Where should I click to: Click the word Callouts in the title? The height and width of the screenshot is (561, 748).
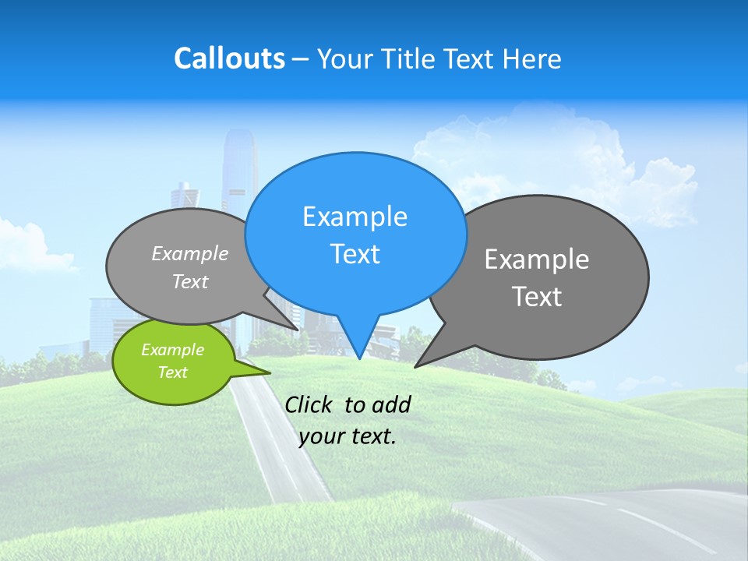[x=229, y=58]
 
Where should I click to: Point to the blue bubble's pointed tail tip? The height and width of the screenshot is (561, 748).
[x=359, y=358]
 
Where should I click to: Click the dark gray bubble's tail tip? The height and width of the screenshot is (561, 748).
[x=415, y=366]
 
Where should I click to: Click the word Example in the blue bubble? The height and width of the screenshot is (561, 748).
[x=355, y=217]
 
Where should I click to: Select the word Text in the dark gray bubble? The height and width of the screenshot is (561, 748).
[x=537, y=297]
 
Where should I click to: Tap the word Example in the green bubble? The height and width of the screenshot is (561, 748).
[x=172, y=350]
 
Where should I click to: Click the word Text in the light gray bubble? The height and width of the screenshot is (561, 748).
[x=190, y=282]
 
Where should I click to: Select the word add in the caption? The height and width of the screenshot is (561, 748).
[x=390, y=404]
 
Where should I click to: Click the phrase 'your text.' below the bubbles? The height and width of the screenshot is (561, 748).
[x=348, y=436]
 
